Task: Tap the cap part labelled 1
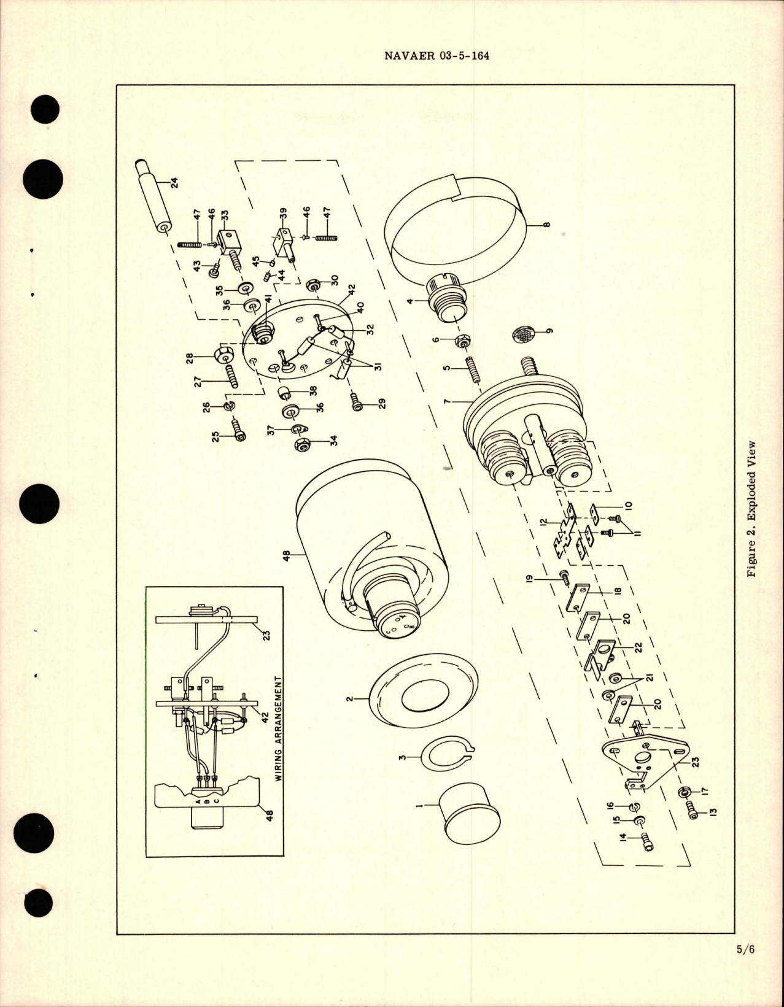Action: pyautogui.click(x=470, y=816)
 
